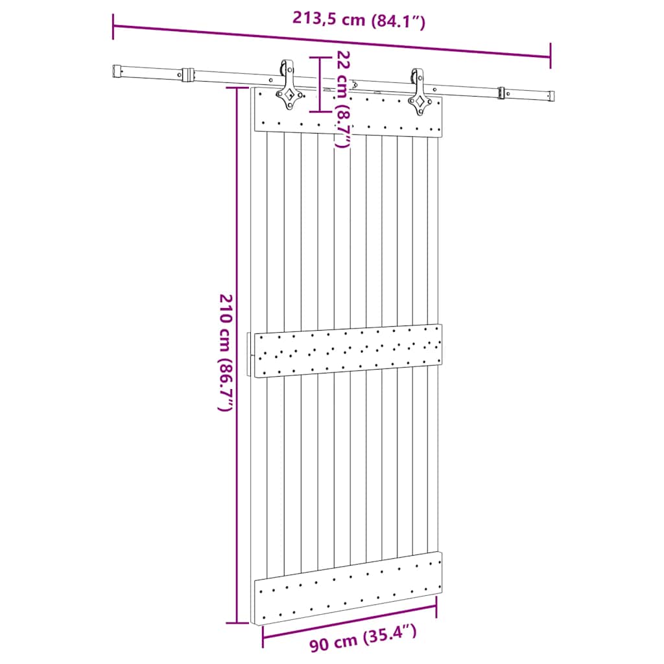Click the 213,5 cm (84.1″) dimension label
click(x=358, y=19)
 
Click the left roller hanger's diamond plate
click(x=289, y=95)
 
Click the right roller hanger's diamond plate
click(x=420, y=102)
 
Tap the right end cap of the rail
click(x=550, y=96)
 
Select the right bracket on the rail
click(x=501, y=93)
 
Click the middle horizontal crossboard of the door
click(x=349, y=350)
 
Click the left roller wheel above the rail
click(x=285, y=68)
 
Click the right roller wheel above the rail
click(x=415, y=76)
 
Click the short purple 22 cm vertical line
click(x=318, y=84)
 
